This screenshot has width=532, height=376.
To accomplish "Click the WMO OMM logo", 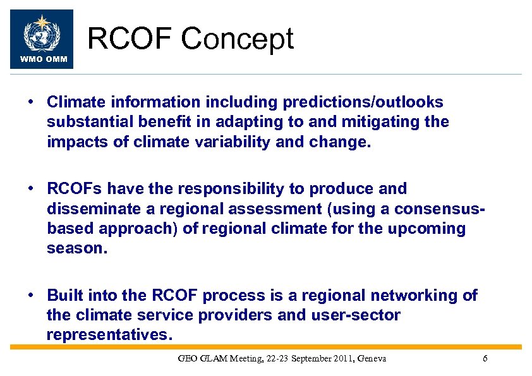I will pos(42,39).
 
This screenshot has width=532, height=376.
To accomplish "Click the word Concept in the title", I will pos(238,39).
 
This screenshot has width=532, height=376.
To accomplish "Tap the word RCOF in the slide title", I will pos(130,39).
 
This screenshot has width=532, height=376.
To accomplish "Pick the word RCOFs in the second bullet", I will pos(74,189).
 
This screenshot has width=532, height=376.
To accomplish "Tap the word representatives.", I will pos(109,335).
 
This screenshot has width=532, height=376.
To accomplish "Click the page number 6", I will pos(485,359).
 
